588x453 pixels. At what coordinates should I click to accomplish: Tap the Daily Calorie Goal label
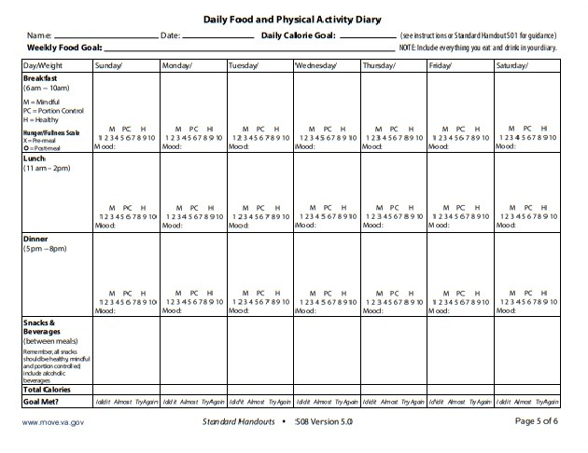point(301,34)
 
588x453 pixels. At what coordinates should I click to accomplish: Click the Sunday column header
point(114,65)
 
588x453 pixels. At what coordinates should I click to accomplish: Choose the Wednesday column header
point(315,65)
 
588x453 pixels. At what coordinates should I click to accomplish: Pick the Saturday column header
point(516,65)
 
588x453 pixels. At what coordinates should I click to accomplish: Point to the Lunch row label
point(35,158)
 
